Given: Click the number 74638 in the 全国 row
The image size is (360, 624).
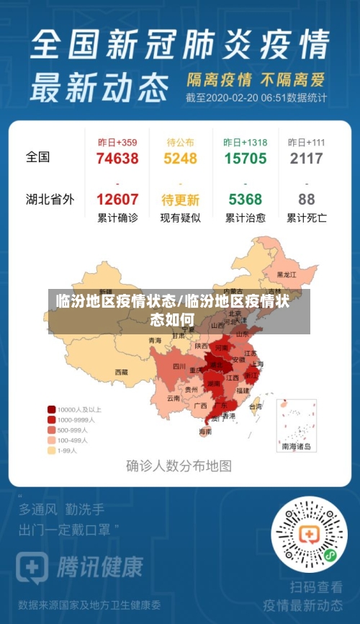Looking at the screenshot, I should (117, 159).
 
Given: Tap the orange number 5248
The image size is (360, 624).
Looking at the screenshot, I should (180, 159).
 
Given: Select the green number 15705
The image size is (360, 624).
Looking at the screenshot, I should (245, 159).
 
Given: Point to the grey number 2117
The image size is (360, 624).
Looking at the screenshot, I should (306, 159).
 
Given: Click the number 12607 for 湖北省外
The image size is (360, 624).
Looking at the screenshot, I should (117, 199).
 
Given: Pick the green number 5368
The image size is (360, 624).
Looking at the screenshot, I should (245, 199).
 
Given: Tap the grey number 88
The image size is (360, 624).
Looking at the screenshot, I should (306, 199).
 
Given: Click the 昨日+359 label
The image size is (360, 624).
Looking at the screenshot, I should (117, 142).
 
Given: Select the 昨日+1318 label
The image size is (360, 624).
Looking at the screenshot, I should (245, 142).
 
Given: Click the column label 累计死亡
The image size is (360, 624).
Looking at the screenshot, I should (306, 218).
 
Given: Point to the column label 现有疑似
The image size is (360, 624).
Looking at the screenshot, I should (180, 218).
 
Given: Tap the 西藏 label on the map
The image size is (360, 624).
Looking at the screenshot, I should (121, 373).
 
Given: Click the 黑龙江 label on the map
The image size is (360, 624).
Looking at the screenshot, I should (287, 275).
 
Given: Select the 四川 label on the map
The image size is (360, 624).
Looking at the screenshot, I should (179, 366).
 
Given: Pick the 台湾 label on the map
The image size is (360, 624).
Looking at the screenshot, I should (256, 406).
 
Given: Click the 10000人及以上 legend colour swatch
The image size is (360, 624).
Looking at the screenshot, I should (52, 409).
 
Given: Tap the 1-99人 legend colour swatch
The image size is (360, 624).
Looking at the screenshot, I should (52, 450).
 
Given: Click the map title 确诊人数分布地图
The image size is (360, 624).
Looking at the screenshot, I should (179, 465).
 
